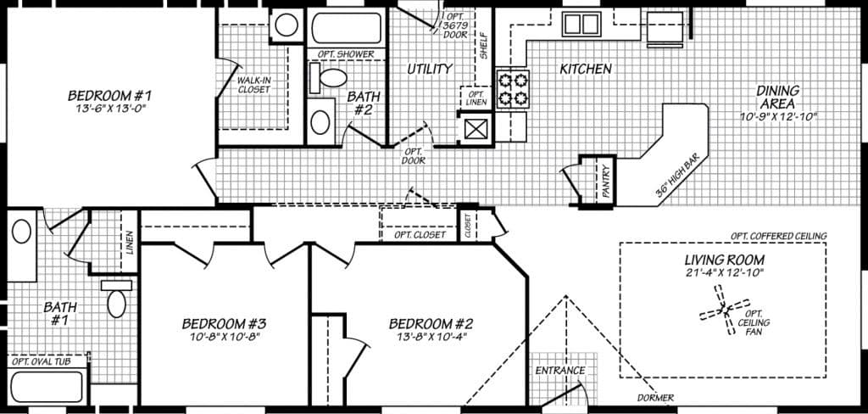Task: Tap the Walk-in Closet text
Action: click(x=254, y=86)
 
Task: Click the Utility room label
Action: click(x=429, y=69)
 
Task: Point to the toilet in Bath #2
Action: click(x=332, y=79)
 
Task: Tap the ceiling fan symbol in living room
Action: click(x=726, y=310)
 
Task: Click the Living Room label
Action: click(x=725, y=260)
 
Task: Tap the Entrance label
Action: click(x=560, y=371)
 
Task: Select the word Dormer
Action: click(x=656, y=398)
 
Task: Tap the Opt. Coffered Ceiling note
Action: click(x=778, y=236)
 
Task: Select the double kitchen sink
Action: click(x=581, y=23)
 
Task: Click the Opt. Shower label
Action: click(x=346, y=55)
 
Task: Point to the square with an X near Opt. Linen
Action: click(x=476, y=129)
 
